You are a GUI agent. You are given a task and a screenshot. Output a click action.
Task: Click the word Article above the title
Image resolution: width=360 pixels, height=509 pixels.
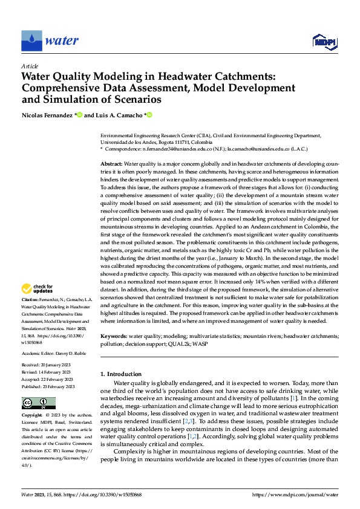coord(30,66)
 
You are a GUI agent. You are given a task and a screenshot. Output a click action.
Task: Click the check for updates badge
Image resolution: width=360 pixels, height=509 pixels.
coord(38,290)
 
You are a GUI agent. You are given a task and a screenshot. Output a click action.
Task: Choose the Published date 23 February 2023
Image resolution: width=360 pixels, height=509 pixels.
coord(59,386)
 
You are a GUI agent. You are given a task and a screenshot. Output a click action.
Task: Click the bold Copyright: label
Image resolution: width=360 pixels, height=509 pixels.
coord(32,416)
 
